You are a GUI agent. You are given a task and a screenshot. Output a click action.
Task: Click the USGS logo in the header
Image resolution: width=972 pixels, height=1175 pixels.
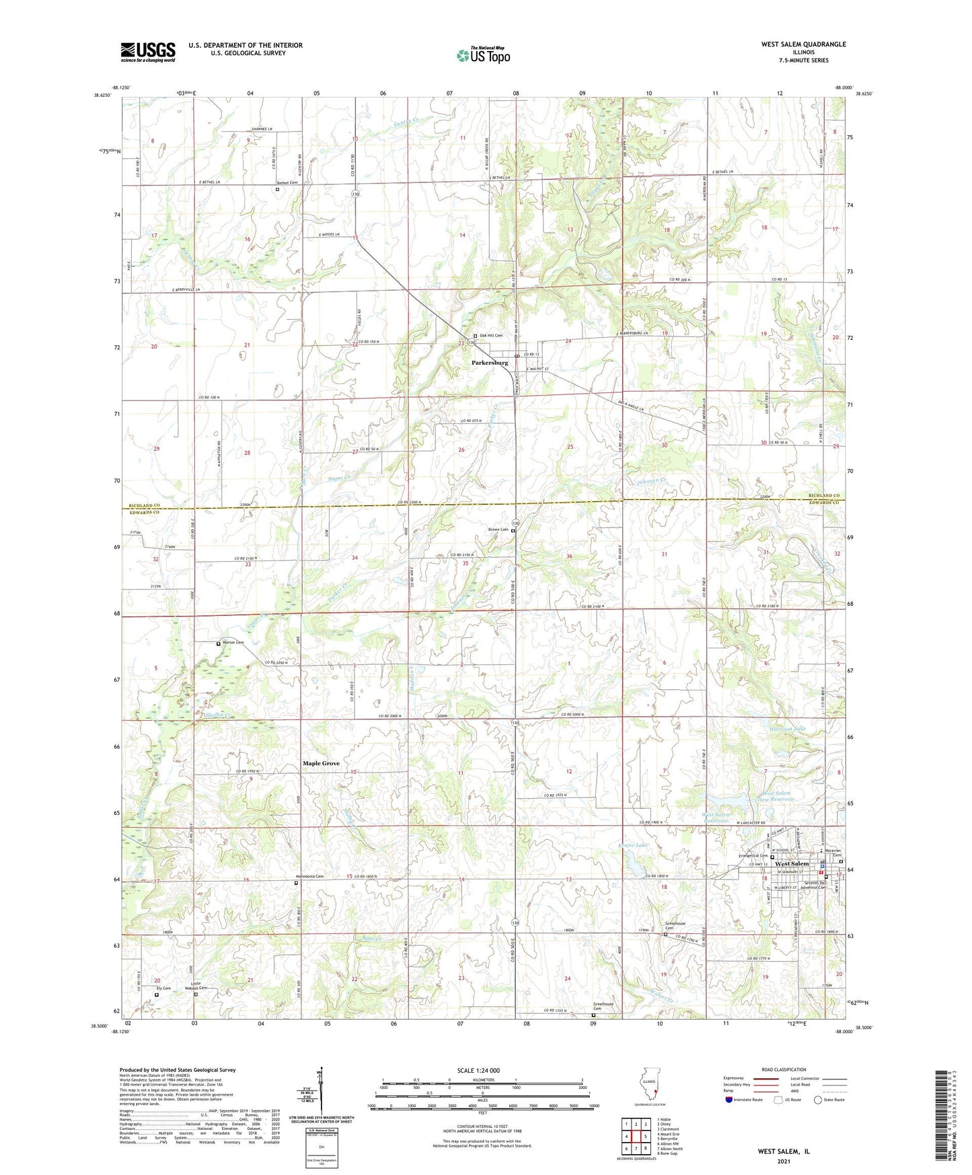tap(148, 52)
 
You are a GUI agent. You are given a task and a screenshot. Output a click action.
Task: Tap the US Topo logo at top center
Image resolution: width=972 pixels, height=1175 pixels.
tap(482, 55)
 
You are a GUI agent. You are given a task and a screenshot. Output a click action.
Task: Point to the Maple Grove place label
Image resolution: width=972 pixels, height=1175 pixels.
tap(321, 763)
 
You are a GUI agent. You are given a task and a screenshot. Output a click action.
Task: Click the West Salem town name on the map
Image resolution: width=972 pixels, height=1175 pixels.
tap(792, 863)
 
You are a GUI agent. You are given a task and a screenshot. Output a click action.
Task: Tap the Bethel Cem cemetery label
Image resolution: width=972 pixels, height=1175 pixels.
tap(287, 183)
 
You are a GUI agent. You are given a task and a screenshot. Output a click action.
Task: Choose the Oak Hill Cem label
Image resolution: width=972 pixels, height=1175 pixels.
tap(491, 335)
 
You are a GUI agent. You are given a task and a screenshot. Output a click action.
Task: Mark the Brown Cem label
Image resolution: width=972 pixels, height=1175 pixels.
tap(498, 530)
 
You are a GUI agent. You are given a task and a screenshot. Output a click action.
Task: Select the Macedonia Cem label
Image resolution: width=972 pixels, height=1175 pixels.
tap(309, 876)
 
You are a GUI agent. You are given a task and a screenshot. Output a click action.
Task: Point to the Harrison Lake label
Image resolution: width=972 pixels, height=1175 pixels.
tap(787, 729)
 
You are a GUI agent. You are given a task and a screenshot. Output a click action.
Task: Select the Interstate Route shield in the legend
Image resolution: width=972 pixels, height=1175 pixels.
tap(729, 1099)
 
